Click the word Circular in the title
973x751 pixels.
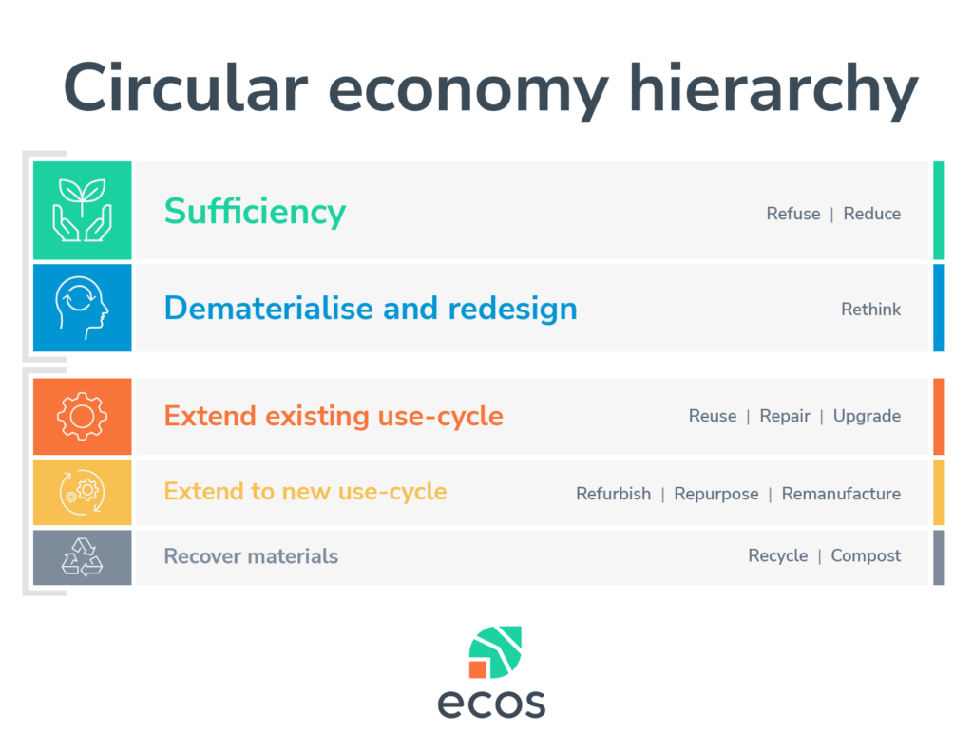point(185,88)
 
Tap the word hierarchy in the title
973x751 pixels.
point(773,91)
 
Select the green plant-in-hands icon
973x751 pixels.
point(82,210)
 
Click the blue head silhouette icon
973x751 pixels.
point(82,308)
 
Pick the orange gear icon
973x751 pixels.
point(82,416)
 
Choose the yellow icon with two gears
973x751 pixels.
point(82,493)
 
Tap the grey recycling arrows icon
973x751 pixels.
point(82,557)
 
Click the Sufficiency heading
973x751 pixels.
point(255,212)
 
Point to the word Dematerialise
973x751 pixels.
point(269,309)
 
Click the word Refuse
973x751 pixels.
point(793,214)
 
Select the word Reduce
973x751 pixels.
point(872,214)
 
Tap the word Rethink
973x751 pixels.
point(870,309)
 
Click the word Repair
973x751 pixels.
point(785,416)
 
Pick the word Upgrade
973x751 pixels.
point(867,416)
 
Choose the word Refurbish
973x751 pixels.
point(614,494)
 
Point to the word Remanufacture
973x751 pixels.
point(841,494)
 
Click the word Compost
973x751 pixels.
point(866,555)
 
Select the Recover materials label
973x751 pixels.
point(251,556)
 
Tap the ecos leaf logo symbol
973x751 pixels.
point(495,651)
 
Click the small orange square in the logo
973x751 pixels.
point(478,669)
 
